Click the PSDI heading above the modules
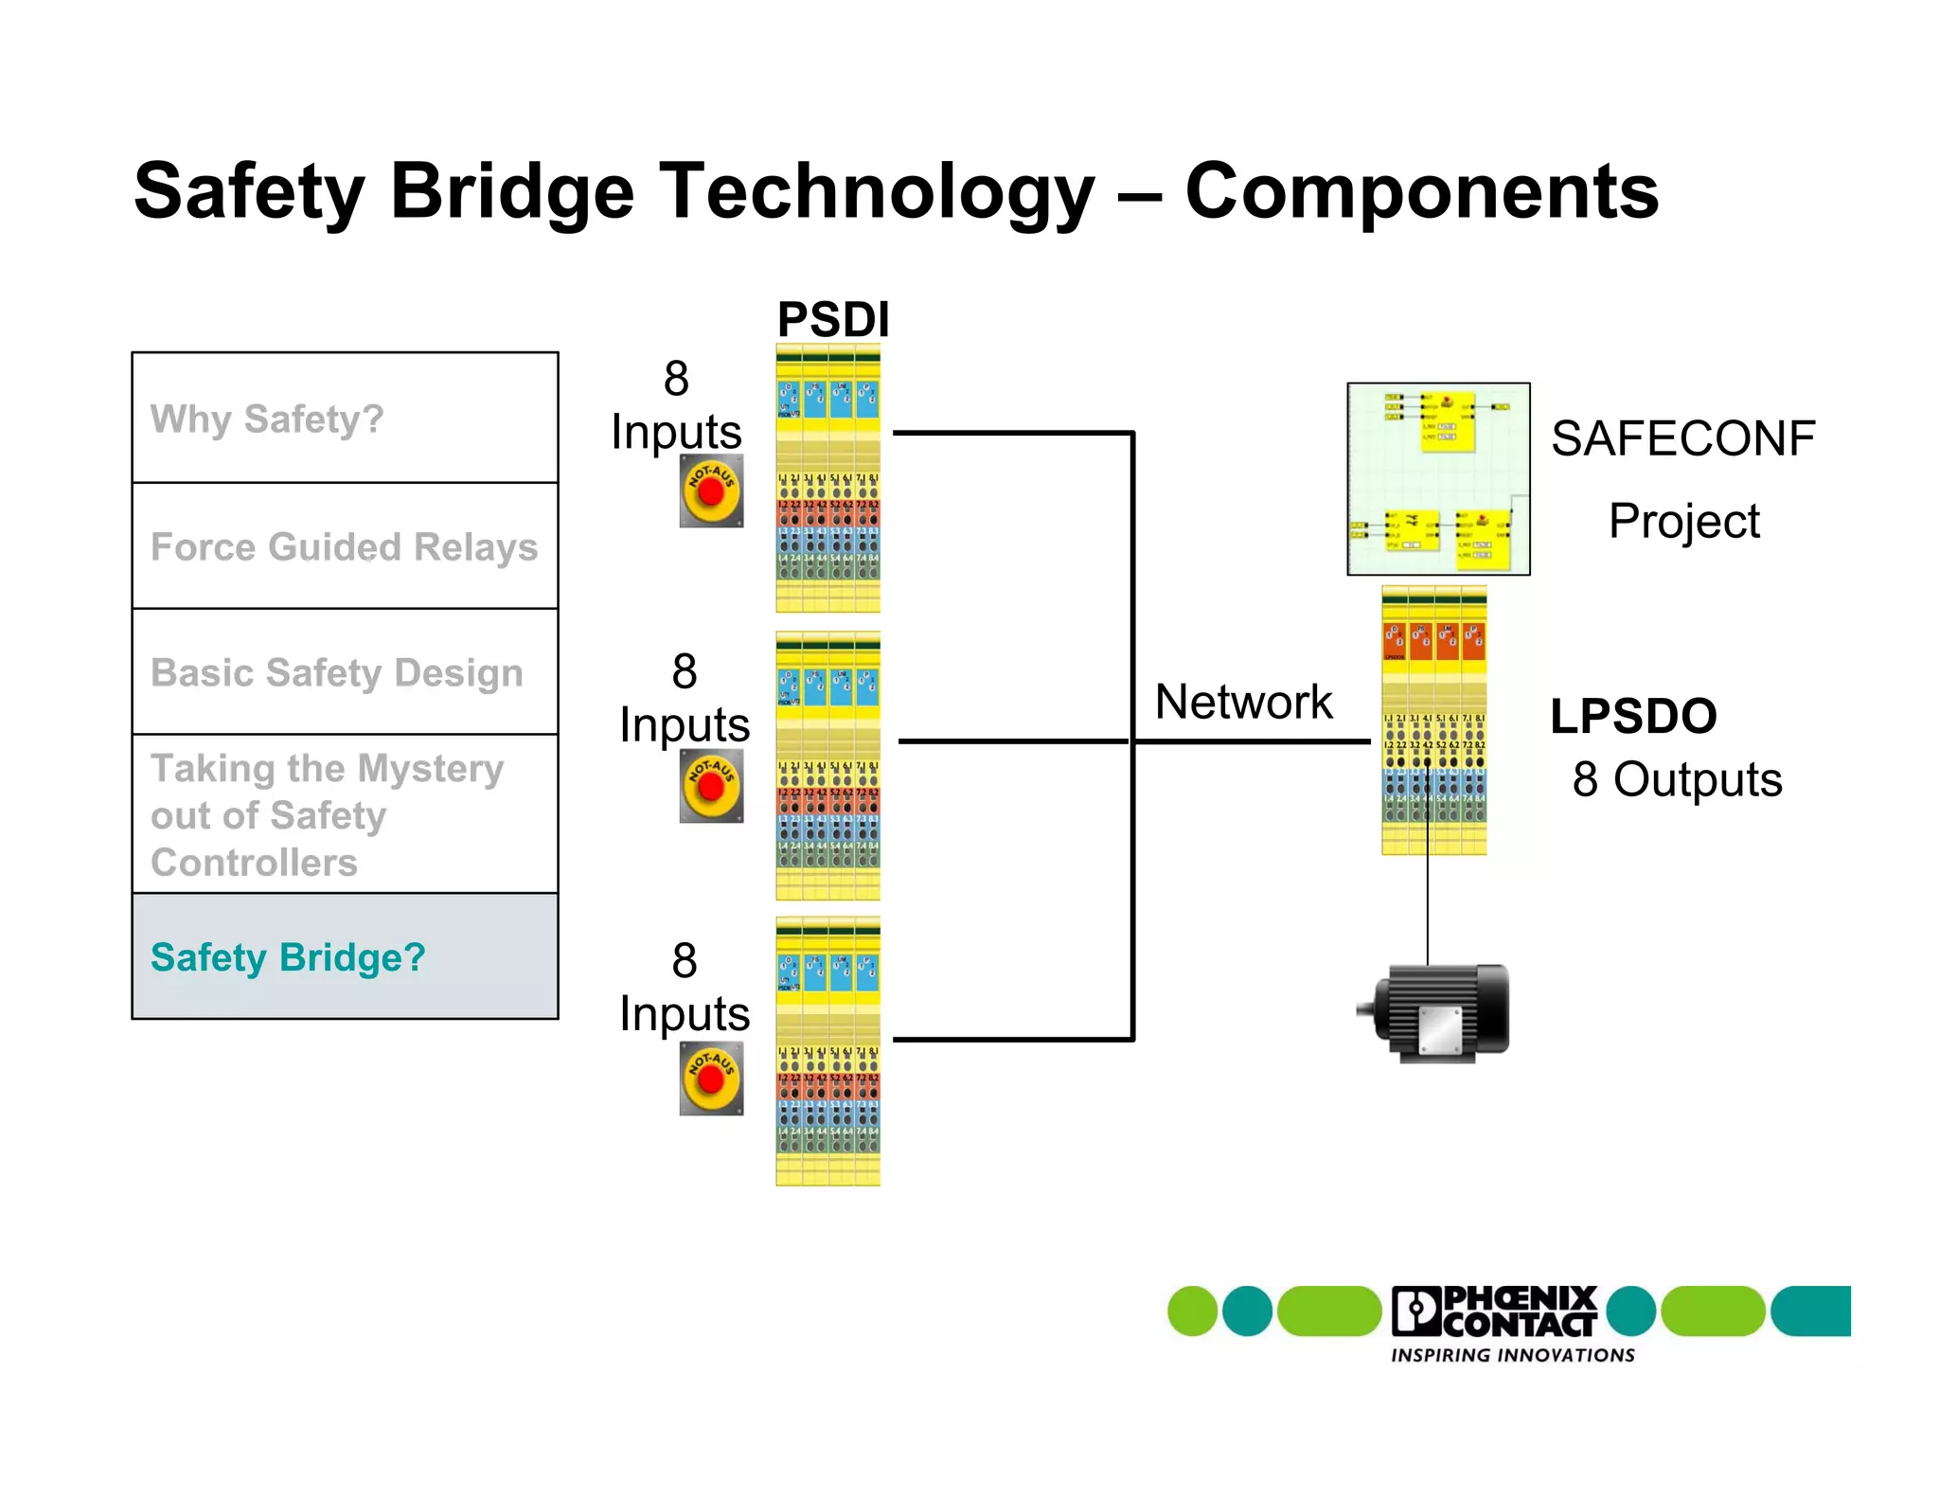click(x=833, y=319)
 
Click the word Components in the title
click(x=1421, y=191)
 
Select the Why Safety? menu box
click(x=345, y=418)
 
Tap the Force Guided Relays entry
click(x=345, y=546)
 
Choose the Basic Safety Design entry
click(x=345, y=672)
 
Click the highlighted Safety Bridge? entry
click(x=345, y=956)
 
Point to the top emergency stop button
click(x=711, y=491)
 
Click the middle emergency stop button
click(x=711, y=786)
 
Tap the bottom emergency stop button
click(x=711, y=1079)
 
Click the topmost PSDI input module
click(x=827, y=478)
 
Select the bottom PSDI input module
click(x=827, y=1051)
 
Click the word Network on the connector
click(x=1243, y=702)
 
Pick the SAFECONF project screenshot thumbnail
click(x=1438, y=478)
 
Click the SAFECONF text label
click(x=1682, y=438)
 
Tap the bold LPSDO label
click(x=1633, y=716)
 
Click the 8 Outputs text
click(x=1677, y=779)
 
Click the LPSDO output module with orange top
click(x=1433, y=720)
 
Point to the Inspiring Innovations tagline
click(x=1512, y=1355)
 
